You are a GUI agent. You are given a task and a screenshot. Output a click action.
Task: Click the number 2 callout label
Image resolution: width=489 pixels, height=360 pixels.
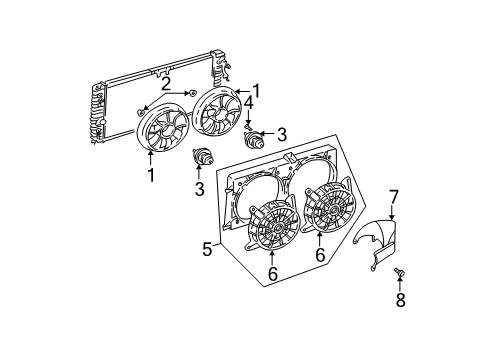(167, 84)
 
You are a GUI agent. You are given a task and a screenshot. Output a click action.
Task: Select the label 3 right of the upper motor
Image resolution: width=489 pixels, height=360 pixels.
(282, 134)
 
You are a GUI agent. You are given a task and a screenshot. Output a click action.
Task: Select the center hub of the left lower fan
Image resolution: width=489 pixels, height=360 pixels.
(271, 236)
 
